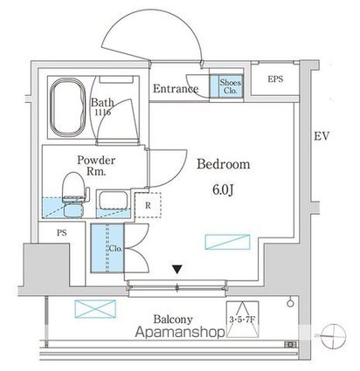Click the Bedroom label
[x=224, y=164]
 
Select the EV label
[x=322, y=136]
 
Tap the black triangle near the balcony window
[x=177, y=271]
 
